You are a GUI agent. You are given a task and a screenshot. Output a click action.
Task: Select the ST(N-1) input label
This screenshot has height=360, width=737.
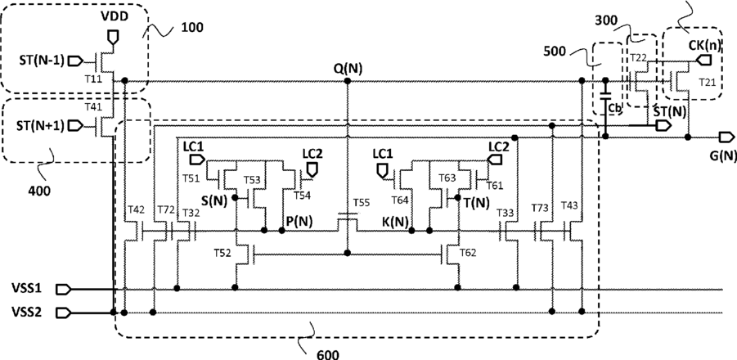click(x=38, y=60)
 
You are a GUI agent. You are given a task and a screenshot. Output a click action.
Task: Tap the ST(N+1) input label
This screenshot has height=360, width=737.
click(x=38, y=125)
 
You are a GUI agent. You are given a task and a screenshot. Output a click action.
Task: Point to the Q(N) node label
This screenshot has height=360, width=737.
click(x=348, y=68)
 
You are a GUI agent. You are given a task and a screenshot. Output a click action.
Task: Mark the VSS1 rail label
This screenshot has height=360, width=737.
click(x=26, y=289)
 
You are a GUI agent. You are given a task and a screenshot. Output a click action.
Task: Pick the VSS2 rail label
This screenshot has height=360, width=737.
click(x=26, y=312)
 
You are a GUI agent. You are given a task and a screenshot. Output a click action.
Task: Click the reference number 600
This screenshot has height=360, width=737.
click(x=326, y=353)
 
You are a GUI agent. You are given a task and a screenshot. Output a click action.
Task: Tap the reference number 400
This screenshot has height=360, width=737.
click(x=37, y=191)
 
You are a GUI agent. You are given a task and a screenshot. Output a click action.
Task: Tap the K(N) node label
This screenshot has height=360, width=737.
click(x=394, y=220)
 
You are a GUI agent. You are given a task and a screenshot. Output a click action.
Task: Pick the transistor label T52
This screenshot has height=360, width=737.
click(x=221, y=253)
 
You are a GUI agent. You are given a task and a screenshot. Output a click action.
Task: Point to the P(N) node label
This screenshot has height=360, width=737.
click(x=300, y=220)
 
